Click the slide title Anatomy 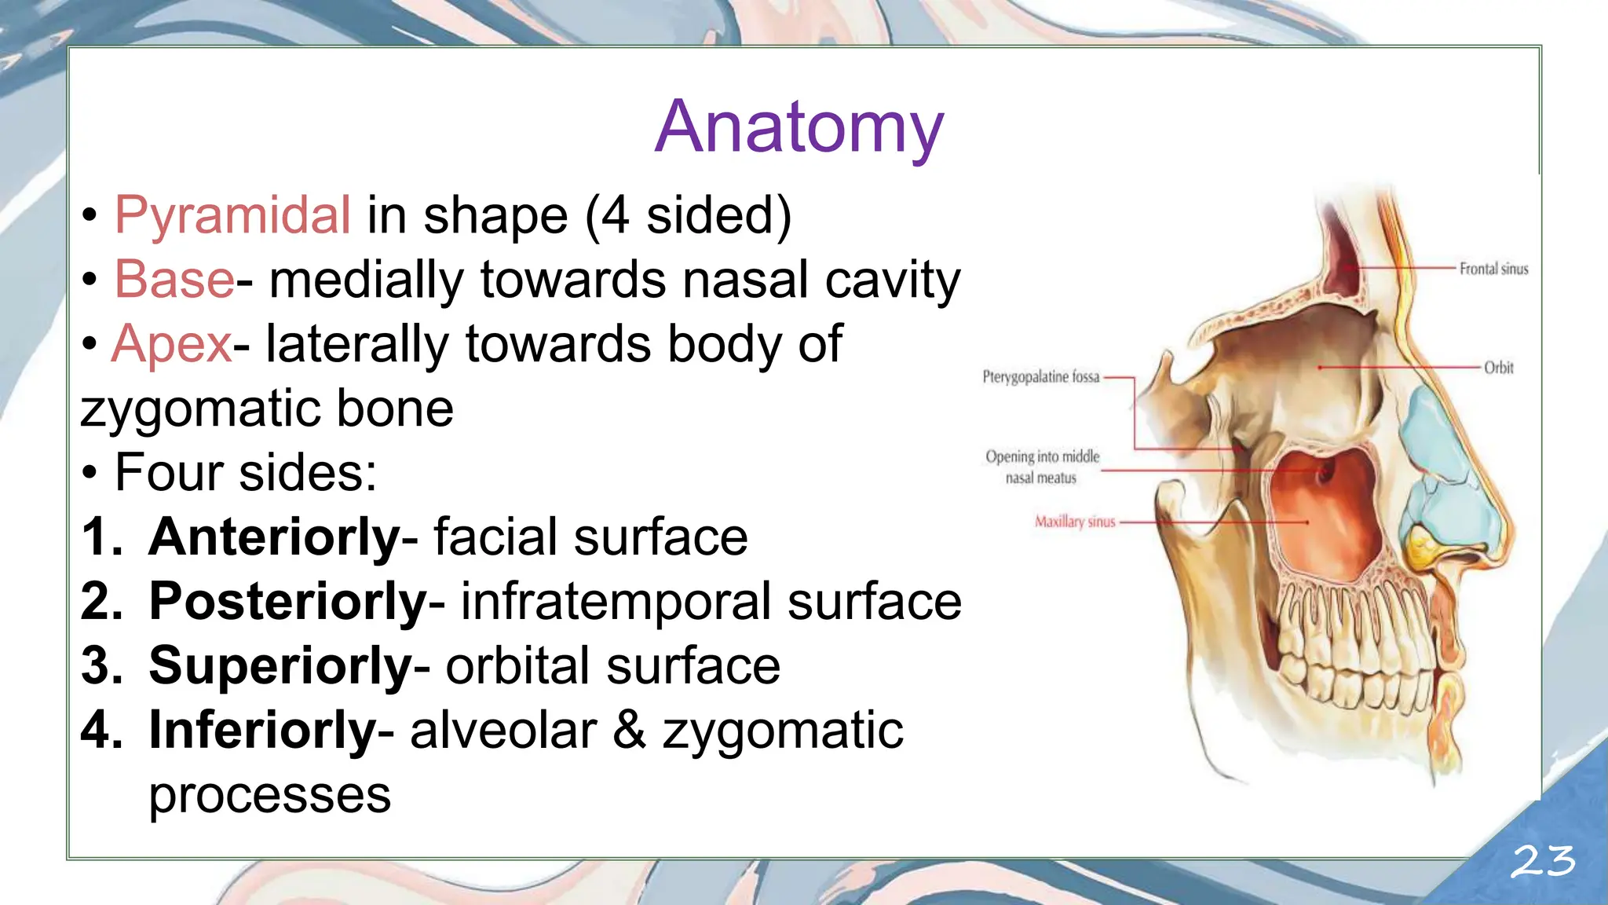[799, 127]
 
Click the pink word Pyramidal [232, 215]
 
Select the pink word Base [174, 280]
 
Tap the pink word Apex [172, 344]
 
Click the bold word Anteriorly [275, 537]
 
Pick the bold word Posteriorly [288, 602]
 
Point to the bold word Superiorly [280, 666]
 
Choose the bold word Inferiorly [263, 731]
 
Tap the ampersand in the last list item [629, 731]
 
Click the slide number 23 [1543, 862]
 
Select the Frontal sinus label [1493, 269]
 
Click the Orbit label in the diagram [1498, 368]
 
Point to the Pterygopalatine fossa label [1040, 377]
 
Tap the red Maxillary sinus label [1074, 522]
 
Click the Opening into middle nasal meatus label [1042, 467]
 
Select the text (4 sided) [688, 215]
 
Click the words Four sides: [246, 473]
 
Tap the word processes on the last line [269, 795]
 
